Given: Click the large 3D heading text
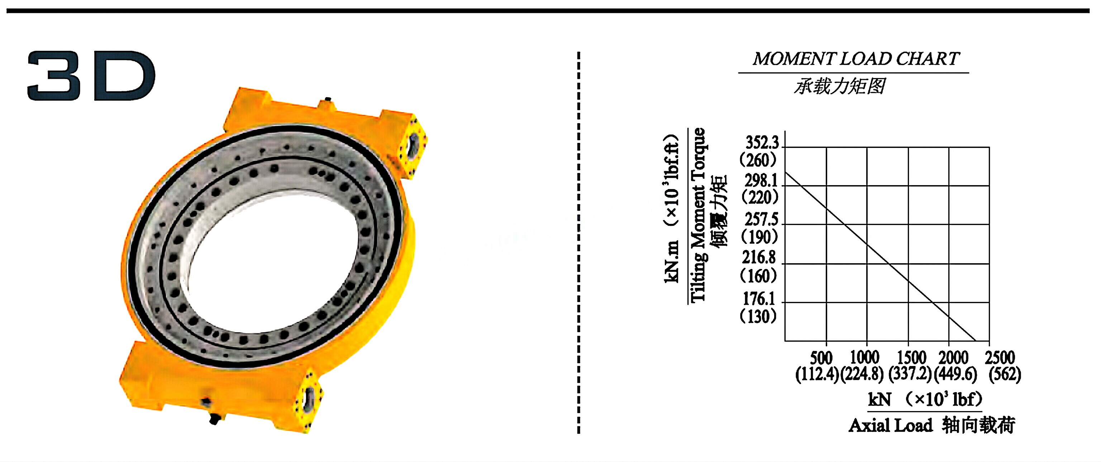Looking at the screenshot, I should tap(91, 76).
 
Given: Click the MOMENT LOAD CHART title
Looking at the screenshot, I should tap(856, 59).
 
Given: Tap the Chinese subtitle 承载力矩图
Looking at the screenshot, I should tap(839, 86).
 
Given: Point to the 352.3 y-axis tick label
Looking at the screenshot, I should tap(762, 143).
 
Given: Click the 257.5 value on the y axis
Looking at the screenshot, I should tap(761, 220).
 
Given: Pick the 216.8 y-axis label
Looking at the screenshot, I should tap(759, 258).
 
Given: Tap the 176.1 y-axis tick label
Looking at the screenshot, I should tap(759, 298).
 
